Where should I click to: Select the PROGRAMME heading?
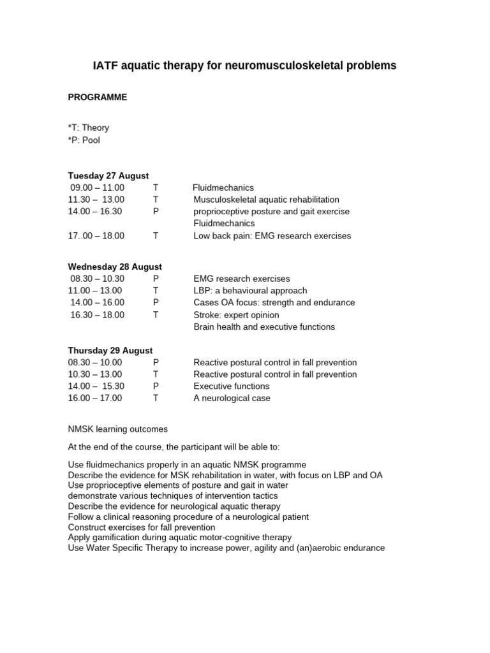point(98,98)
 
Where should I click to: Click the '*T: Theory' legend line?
point(89,128)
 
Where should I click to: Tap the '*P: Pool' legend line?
point(84,140)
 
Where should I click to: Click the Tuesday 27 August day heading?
point(108,175)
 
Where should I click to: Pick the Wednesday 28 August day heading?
point(115,267)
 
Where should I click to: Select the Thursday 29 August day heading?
point(110,350)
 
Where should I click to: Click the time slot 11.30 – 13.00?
point(96,200)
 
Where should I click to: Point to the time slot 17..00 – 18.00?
point(96,235)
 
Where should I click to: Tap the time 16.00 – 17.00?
point(95,398)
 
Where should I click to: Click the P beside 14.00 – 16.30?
point(156,212)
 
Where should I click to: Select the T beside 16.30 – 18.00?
point(156,315)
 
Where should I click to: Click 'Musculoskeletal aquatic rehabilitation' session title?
point(266,200)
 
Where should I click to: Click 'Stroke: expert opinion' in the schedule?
point(236,315)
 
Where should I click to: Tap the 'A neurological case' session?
point(232,398)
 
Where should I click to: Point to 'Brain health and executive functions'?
point(264,326)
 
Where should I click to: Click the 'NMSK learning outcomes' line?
point(118,429)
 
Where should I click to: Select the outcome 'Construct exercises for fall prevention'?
point(142,527)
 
